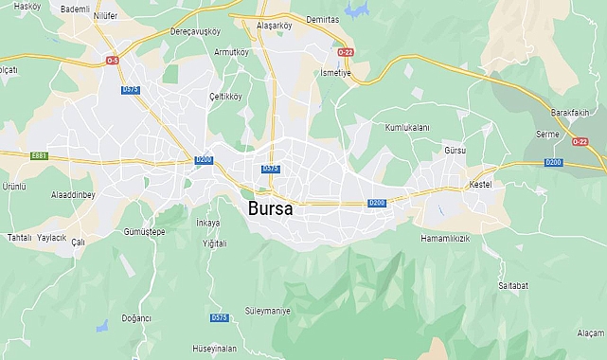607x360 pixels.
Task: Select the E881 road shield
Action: [39, 155]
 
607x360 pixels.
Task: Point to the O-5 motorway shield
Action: [113, 61]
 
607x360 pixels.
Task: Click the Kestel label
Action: [480, 184]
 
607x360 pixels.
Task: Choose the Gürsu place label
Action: [455, 151]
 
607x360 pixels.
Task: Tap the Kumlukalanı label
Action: [407, 127]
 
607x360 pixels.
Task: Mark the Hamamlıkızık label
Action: [445, 239]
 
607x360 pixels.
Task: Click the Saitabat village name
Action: [512, 284]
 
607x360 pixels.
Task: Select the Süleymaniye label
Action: [268, 310]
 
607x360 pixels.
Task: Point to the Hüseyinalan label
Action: [214, 348]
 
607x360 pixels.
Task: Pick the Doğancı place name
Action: [136, 318]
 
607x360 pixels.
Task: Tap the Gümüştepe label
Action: [145, 232]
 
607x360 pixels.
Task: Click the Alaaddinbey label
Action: [73, 194]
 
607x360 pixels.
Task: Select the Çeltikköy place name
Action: [225, 96]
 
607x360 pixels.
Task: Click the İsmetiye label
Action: [335, 73]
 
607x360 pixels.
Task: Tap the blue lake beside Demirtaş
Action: [358, 10]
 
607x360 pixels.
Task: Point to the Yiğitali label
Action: [215, 243]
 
